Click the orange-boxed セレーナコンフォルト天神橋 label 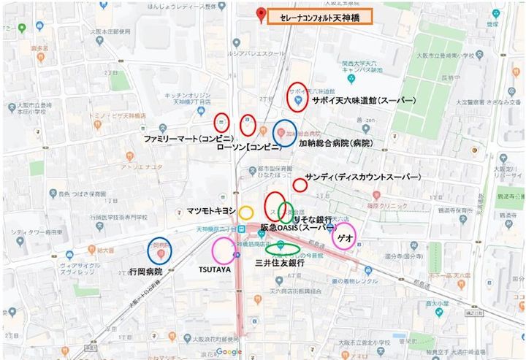coord(320,17)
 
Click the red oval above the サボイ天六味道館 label coord(297,96)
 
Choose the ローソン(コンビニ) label coord(249,147)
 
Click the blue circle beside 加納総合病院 coord(284,133)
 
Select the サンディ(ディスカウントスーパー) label coord(363,177)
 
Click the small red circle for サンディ coord(300,185)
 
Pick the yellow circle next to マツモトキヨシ coord(246,212)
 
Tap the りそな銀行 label coord(313,219)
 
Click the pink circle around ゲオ coord(343,236)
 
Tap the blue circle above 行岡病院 coord(159,251)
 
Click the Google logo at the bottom coord(229,352)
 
